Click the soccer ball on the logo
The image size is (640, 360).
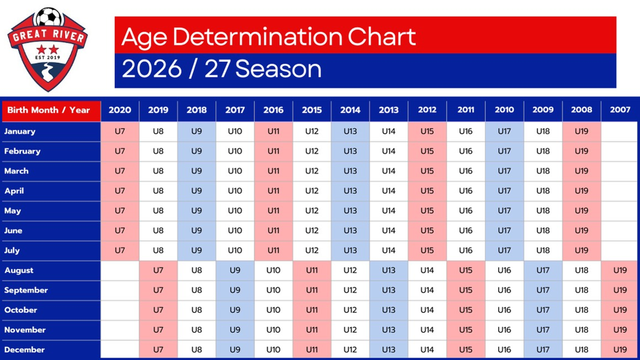pos(48,17)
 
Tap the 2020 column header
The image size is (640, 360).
pos(120,110)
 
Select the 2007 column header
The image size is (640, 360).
pos(620,110)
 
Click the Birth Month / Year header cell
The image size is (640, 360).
pos(49,110)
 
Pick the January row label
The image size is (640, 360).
pos(20,131)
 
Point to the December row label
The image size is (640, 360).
pos(24,349)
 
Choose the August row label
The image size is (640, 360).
pos(19,270)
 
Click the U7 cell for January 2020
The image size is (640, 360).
pos(120,131)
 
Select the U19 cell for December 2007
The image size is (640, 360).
pos(620,349)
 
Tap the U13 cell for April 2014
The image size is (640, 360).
pos(350,191)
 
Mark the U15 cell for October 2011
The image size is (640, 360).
pos(466,310)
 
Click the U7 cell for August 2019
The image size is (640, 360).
pos(158,270)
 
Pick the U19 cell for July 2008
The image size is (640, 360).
pos(581,250)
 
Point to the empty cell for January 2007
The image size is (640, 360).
pos(620,131)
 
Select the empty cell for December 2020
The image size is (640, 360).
pos(120,349)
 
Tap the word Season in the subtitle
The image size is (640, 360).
pos(278,69)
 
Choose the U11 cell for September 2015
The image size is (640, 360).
pos(312,290)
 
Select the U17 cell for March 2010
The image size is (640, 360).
pos(504,171)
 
